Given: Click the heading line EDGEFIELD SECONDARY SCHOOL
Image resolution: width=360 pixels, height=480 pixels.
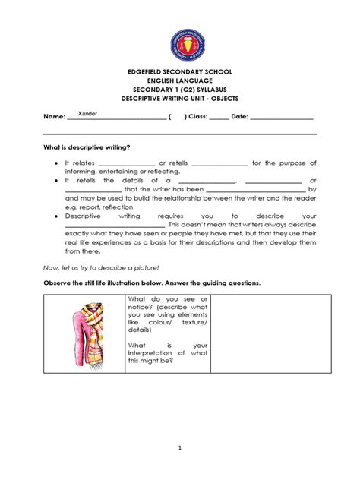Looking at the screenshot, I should pyautogui.click(x=180, y=72).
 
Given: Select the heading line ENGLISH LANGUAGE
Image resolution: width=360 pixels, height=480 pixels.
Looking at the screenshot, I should pyautogui.click(x=180, y=81).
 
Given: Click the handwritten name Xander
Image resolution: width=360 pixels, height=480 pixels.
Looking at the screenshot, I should pyautogui.click(x=87, y=113).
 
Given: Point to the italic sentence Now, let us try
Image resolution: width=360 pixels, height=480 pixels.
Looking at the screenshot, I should pyautogui.click(x=101, y=267).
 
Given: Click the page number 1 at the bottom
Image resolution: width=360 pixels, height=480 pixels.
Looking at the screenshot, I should pyautogui.click(x=180, y=448).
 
